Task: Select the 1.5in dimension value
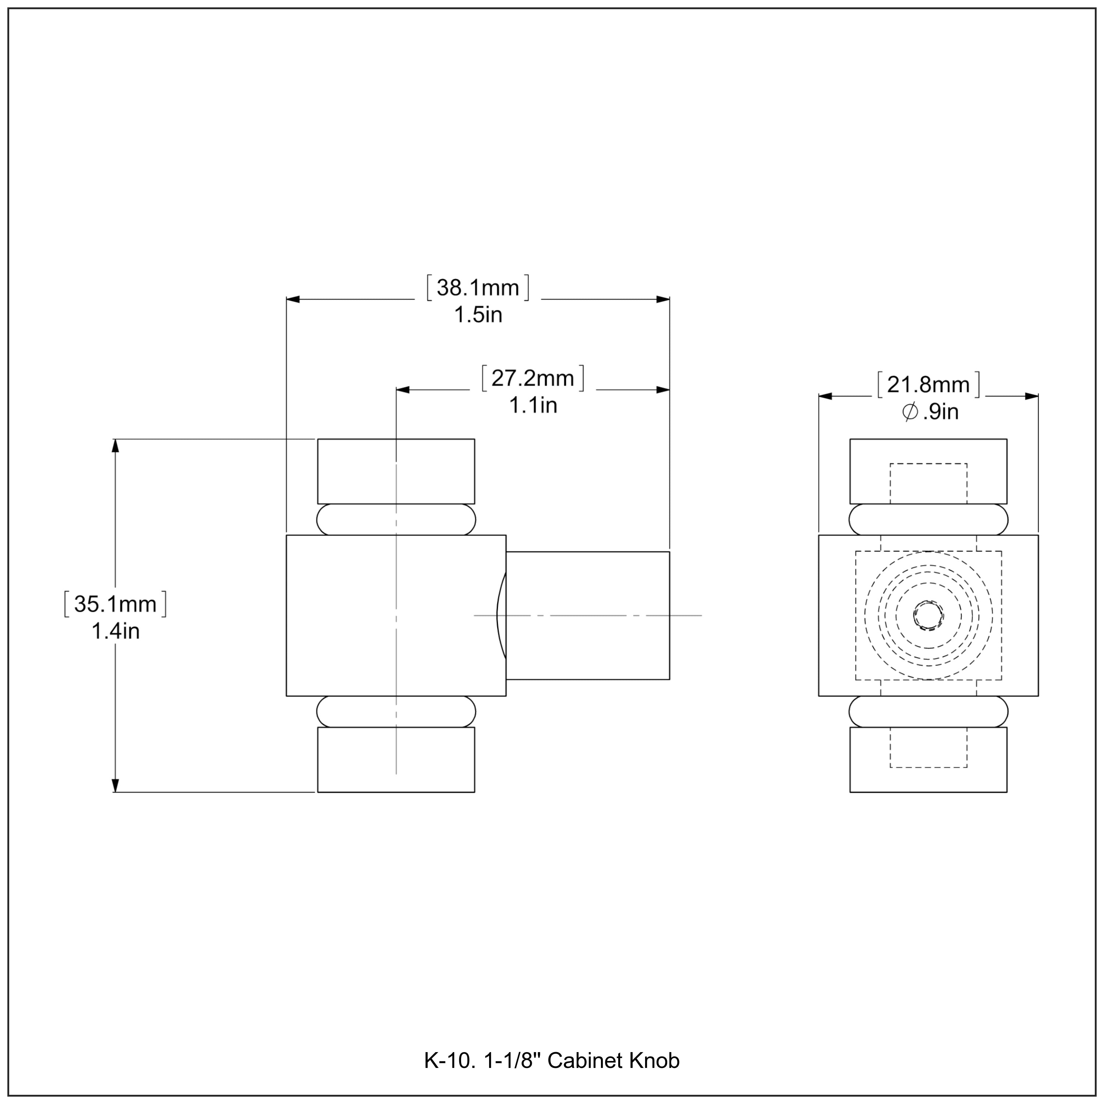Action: click(478, 315)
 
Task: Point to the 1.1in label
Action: click(532, 406)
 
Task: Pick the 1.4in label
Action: click(116, 631)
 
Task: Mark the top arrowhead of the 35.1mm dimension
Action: click(116, 446)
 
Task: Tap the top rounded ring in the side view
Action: click(396, 519)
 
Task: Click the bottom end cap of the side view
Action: click(396, 760)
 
